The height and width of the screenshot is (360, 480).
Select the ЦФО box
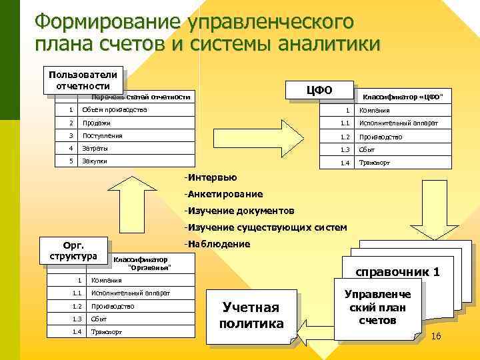318,90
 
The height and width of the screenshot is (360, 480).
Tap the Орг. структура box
73,250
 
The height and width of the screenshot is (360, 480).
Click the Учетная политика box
251,315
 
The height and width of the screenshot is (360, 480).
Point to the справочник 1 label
397,272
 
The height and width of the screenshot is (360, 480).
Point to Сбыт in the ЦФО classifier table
367,149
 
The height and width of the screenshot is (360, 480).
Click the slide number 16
437,336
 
